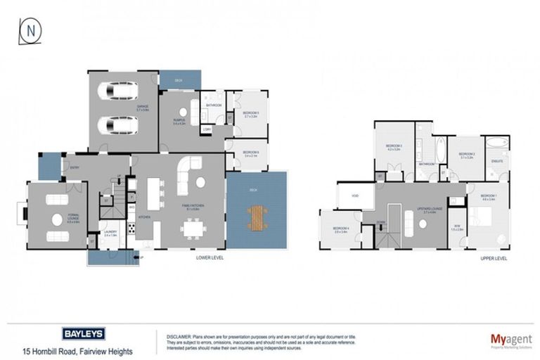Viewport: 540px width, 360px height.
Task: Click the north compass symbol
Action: click(30, 31)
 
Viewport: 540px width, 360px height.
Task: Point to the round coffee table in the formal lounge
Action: click(57, 219)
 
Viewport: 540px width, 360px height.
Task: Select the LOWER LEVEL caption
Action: click(211, 258)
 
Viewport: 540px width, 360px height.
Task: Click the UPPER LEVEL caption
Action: click(493, 258)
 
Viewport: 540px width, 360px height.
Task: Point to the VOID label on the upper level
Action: click(356, 196)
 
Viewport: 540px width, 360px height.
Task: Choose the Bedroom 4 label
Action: click(340, 229)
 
